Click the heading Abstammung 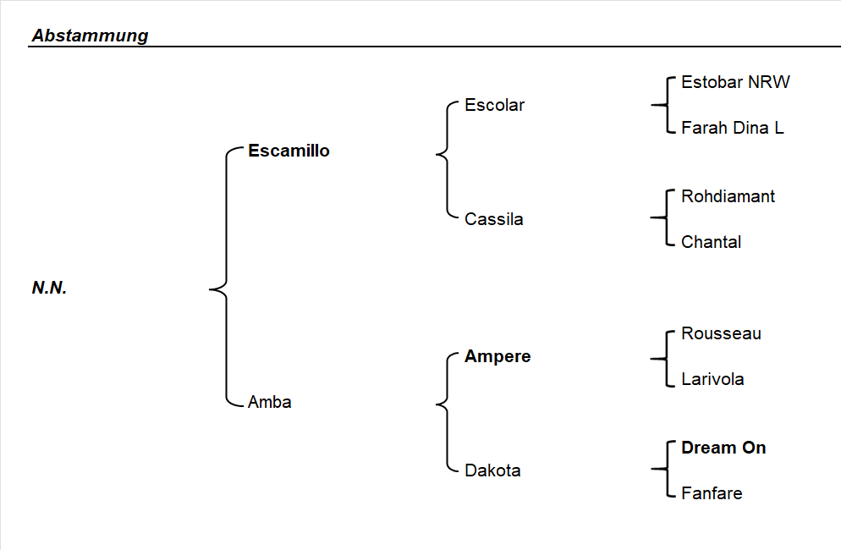(x=90, y=36)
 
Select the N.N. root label (x=49, y=288)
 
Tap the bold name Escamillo (x=289, y=151)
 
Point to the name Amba (x=269, y=402)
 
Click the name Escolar (x=494, y=106)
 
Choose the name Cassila (x=494, y=219)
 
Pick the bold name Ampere (x=497, y=356)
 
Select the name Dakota (x=492, y=470)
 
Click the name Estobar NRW (x=735, y=82)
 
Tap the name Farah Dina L (x=732, y=128)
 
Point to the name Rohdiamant (x=728, y=196)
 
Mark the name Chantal (x=711, y=242)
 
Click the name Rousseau (x=721, y=333)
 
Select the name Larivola (x=712, y=379)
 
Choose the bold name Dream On (x=723, y=448)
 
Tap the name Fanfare (x=712, y=493)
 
